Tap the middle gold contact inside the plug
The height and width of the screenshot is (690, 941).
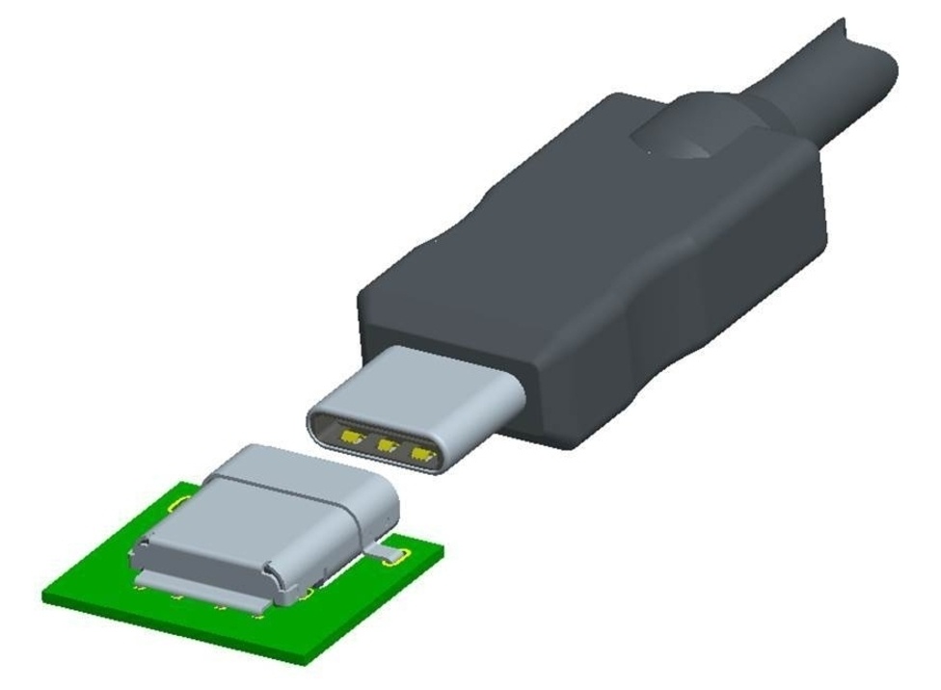[388, 446]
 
